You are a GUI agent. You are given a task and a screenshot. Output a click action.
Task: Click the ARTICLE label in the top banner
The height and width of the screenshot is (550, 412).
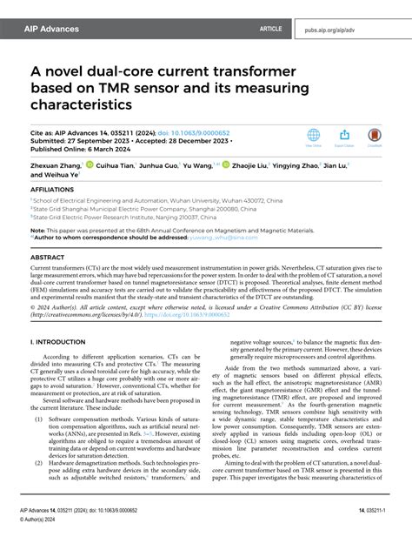click(270, 29)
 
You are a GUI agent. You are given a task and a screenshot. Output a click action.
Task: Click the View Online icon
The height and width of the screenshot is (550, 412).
click(314, 136)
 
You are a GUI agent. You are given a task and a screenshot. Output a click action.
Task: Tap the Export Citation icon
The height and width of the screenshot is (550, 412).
click(345, 136)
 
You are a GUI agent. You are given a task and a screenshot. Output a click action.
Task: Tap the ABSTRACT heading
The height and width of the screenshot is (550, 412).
click(48, 258)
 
